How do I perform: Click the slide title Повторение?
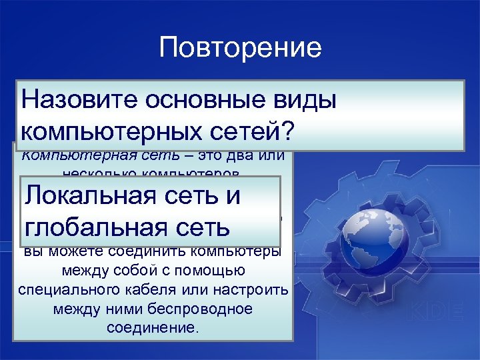tap(241, 48)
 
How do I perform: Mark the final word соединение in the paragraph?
tap(152, 328)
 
